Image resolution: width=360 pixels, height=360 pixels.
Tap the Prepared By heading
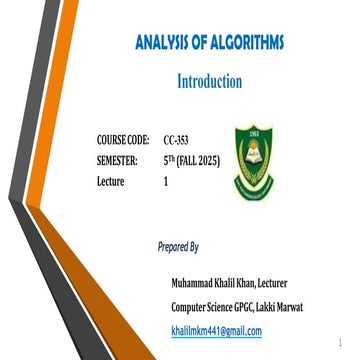pyautogui.click(x=179, y=245)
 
